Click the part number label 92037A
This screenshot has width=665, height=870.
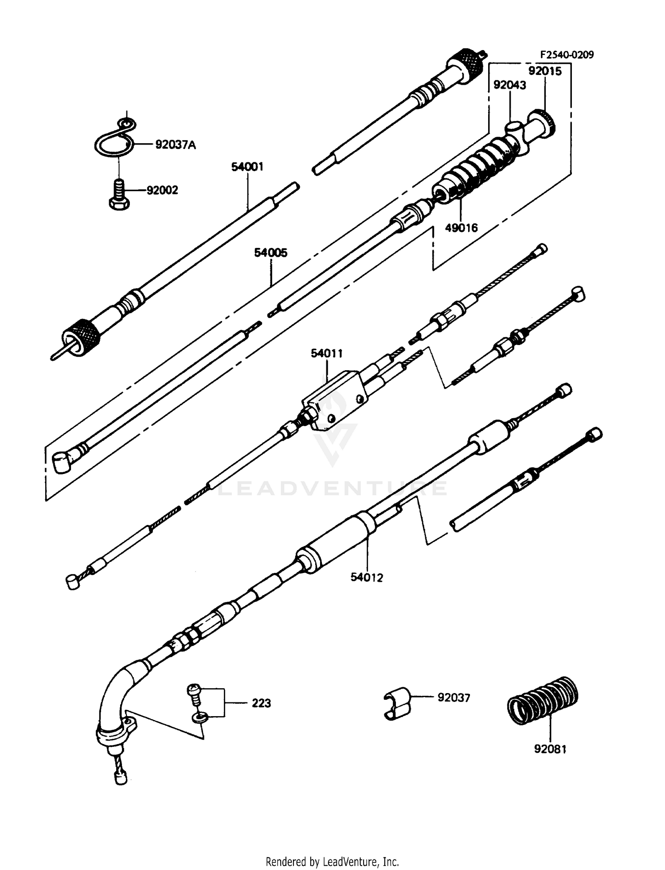click(x=175, y=145)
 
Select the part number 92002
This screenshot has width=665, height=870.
click(x=162, y=190)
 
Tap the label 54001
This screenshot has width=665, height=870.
click(x=247, y=167)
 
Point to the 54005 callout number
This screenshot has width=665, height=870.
click(x=270, y=253)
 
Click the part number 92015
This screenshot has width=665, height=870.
click(x=545, y=71)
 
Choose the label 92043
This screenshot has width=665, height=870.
click(x=510, y=85)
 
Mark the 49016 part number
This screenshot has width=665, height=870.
click(x=462, y=228)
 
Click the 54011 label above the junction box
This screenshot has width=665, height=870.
click(x=327, y=353)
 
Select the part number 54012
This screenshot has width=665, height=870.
click(x=367, y=577)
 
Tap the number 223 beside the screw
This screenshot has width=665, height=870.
click(x=262, y=703)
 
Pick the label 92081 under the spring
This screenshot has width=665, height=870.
click(x=550, y=749)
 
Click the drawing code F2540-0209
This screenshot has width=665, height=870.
click(x=567, y=55)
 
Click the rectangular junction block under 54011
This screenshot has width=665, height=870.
click(x=336, y=401)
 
